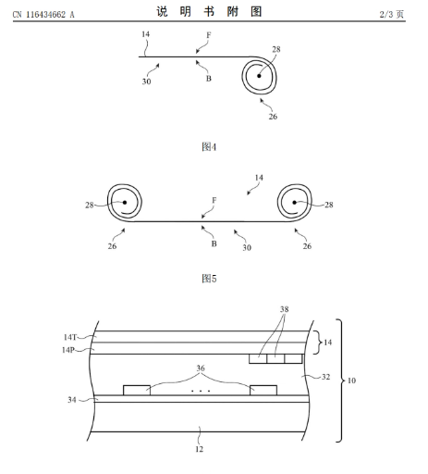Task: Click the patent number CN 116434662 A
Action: tap(43, 15)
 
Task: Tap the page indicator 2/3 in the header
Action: tap(386, 14)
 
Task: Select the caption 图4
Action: tap(209, 146)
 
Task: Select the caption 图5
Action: tap(209, 279)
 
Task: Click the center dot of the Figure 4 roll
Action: tap(259, 76)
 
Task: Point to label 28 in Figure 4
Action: tap(276, 49)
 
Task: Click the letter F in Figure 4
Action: tap(209, 35)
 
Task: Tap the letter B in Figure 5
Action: tap(214, 243)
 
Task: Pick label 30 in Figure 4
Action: tap(146, 81)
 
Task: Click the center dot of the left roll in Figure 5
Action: tap(125, 203)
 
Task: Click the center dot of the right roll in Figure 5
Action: tap(295, 203)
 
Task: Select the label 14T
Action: tap(70, 337)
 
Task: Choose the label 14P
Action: tap(68, 350)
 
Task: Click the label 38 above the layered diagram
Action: tap(284, 309)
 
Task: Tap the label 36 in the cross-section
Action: tap(201, 368)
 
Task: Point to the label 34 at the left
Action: tap(72, 400)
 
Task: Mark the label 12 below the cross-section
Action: tap(200, 449)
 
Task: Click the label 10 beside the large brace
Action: tap(351, 380)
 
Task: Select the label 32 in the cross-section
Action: tap(325, 377)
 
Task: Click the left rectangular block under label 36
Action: tap(137, 390)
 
